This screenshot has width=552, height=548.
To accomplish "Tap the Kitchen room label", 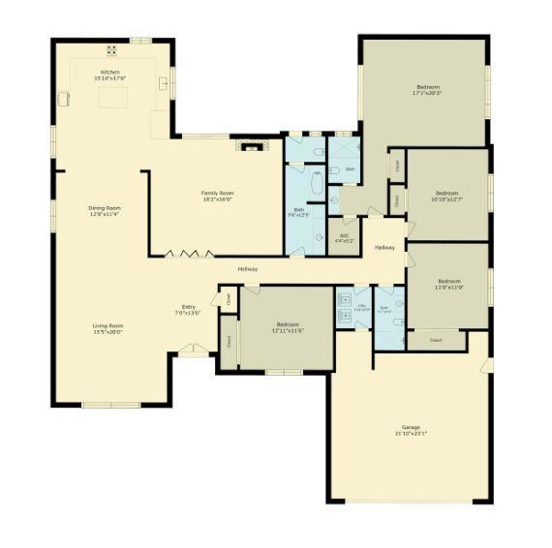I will (x=111, y=72).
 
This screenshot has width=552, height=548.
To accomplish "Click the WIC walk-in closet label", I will (x=344, y=234).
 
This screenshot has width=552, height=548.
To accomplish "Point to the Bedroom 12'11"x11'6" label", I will (x=288, y=324).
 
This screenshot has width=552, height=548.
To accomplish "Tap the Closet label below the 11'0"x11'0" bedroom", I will (x=436, y=341).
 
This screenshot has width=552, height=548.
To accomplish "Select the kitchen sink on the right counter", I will (x=164, y=82).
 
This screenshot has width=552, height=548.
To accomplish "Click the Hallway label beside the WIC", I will (x=384, y=249).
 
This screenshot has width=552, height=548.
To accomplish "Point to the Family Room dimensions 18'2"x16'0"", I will (x=217, y=198).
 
